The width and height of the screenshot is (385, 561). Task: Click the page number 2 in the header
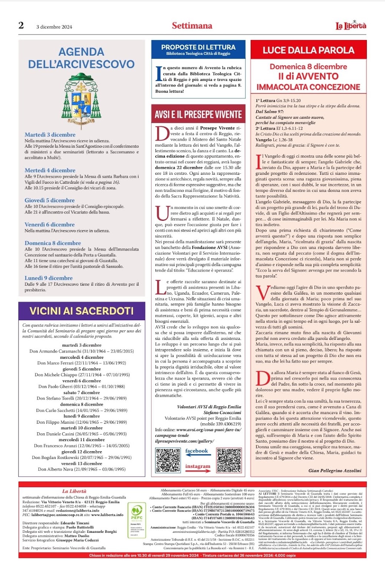(x=21, y=25)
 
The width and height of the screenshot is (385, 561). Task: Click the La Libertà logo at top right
(x=351, y=26)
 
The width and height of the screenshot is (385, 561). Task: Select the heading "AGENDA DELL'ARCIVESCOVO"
(x=81, y=58)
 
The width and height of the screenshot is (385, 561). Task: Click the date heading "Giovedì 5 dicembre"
(x=50, y=200)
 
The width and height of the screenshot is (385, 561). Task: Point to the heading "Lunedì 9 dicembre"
(x=49, y=278)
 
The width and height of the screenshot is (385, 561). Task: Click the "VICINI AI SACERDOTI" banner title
(x=81, y=311)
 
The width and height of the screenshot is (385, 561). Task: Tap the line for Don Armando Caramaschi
(x=82, y=351)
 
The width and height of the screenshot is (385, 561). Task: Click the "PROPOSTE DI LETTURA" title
(x=198, y=47)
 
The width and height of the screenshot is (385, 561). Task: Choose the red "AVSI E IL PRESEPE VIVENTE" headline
(x=198, y=115)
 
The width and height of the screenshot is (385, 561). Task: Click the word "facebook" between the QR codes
(x=197, y=451)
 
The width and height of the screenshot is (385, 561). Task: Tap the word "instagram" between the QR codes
(x=198, y=466)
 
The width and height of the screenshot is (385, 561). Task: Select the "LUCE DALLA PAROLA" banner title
(x=308, y=50)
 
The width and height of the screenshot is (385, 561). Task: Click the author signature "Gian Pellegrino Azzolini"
(x=335, y=470)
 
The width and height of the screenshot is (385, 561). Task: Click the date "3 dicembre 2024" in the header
(x=54, y=27)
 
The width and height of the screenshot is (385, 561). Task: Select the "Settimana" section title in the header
(x=192, y=26)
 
